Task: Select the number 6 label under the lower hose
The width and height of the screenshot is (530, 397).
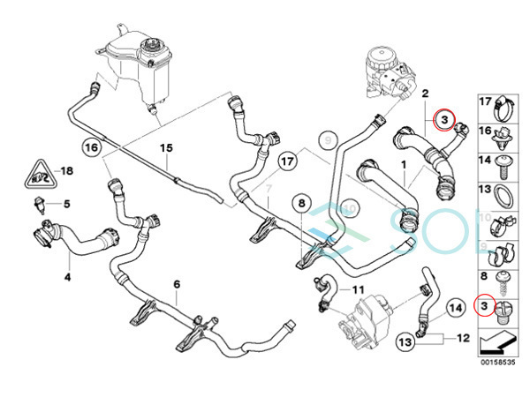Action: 177,284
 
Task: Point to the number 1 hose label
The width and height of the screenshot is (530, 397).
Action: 403,165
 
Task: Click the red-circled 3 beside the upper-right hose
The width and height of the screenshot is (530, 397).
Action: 445,118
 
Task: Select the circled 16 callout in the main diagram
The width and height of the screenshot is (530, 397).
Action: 92,146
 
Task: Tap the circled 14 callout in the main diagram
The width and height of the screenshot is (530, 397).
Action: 454,308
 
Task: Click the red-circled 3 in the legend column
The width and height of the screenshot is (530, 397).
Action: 484,306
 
